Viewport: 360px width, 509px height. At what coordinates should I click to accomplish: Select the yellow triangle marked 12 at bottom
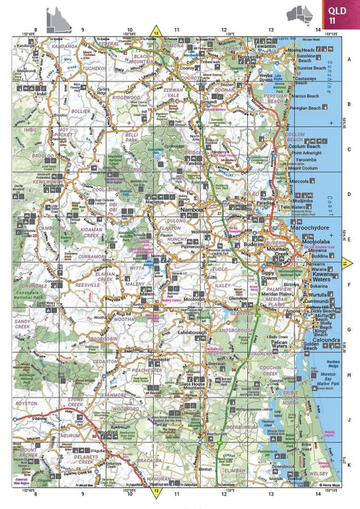[x=157, y=492]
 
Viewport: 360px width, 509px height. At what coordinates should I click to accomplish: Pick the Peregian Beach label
[x=307, y=107]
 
